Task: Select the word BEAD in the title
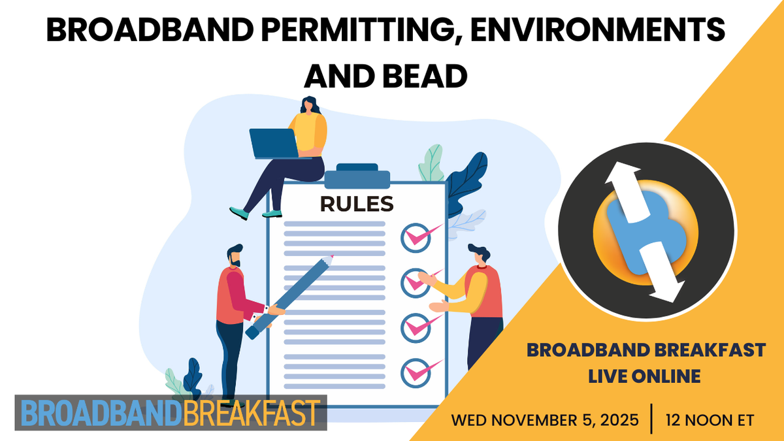424,76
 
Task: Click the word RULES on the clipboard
357,204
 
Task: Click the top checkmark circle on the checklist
414,236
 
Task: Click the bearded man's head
234,255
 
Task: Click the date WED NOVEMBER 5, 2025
545,420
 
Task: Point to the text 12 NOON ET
710,420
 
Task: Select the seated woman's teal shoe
239,213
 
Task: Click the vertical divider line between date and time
651,419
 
